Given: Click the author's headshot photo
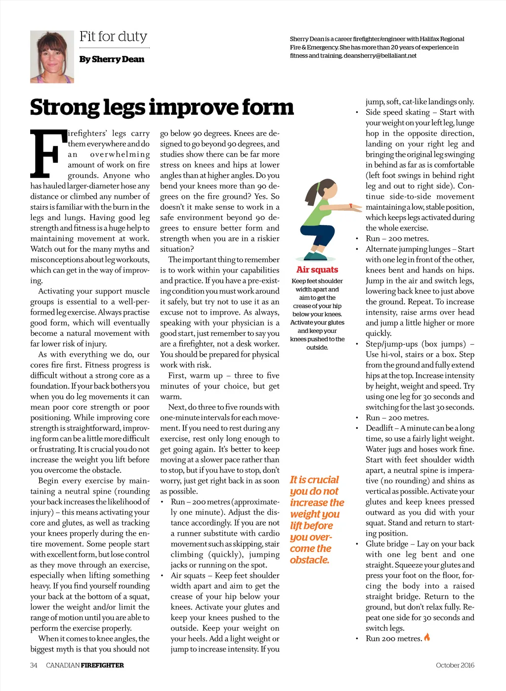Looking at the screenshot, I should click(x=52, y=56).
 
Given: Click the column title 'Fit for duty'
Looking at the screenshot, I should click(x=113, y=37).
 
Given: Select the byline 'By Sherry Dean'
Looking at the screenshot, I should click(x=112, y=59).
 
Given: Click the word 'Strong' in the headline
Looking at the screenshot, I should click(x=65, y=107).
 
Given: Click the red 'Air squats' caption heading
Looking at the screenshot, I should click(x=317, y=270).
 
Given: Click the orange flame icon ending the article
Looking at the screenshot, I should click(x=427, y=638).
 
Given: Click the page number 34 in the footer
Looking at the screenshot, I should click(x=34, y=665).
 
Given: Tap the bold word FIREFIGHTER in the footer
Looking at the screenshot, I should click(x=102, y=665).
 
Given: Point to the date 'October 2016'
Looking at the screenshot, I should click(x=455, y=665).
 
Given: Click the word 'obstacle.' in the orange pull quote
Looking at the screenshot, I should click(x=310, y=560).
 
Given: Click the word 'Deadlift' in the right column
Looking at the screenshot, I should click(x=379, y=428).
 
